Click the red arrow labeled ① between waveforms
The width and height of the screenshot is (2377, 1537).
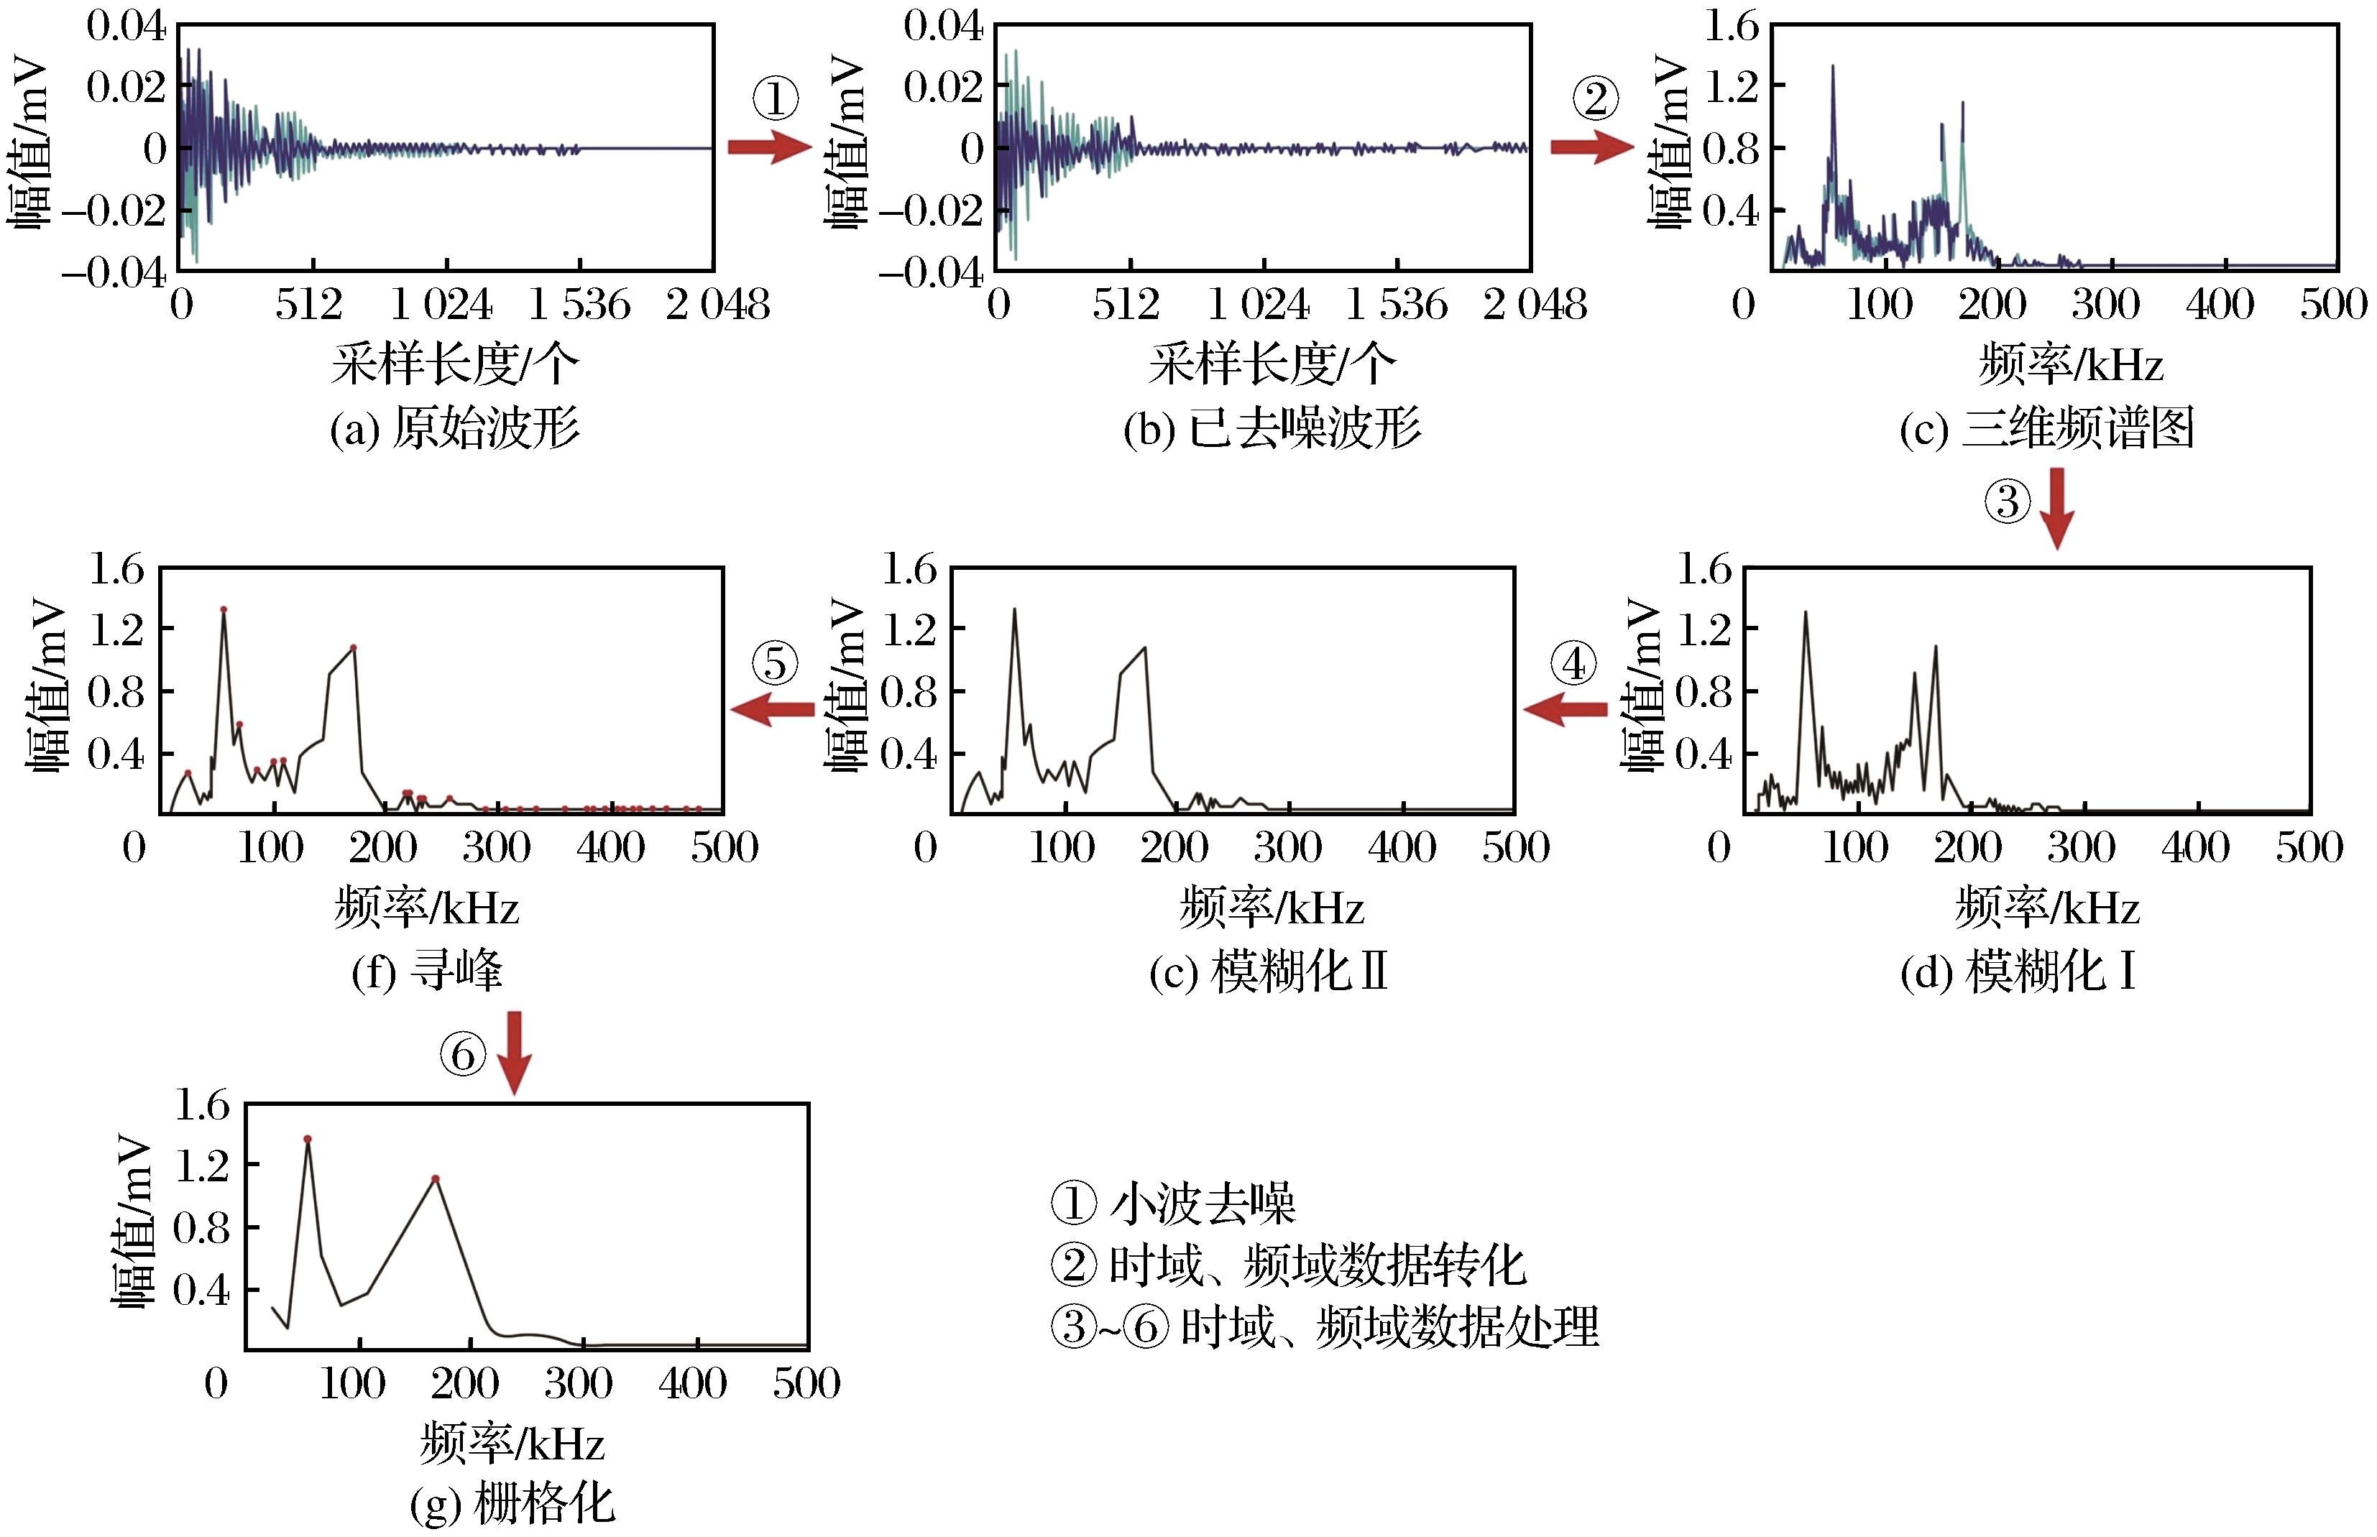tap(768, 148)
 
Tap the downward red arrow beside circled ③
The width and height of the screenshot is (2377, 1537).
tap(2056, 508)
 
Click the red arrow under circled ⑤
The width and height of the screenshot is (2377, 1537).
tap(772, 710)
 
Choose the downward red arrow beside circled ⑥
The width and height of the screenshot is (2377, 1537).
tap(514, 1053)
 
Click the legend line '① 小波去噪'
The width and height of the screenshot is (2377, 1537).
tap(1173, 1204)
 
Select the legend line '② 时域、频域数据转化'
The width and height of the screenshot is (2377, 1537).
tap(1288, 1265)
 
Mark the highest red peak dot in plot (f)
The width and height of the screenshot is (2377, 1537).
tap(224, 609)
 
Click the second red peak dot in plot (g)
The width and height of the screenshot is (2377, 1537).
tap(436, 1178)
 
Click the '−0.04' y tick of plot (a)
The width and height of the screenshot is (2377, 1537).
tap(114, 272)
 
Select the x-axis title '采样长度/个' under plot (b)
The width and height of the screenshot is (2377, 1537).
tap(1271, 364)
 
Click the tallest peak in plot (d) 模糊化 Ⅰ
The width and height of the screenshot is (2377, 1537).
tap(1805, 613)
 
